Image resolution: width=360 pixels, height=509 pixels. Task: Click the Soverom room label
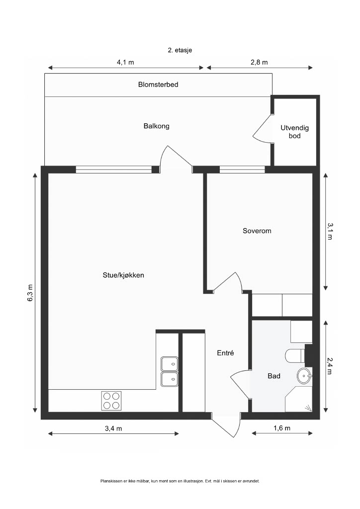point(257,231)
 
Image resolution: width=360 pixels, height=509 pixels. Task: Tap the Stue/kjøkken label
point(123,275)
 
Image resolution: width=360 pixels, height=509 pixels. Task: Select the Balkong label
point(157,126)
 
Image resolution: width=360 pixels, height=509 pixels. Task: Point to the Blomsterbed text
point(158,85)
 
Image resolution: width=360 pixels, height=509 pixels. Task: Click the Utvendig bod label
point(295,132)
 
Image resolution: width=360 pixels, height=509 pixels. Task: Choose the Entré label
point(225,353)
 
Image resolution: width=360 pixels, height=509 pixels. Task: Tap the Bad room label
point(274,376)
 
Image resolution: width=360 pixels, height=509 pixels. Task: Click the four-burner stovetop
point(112,401)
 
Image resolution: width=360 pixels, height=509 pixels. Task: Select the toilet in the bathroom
point(295,356)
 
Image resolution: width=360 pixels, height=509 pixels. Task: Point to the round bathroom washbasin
point(304,376)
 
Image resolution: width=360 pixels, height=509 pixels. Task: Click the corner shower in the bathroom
point(299,399)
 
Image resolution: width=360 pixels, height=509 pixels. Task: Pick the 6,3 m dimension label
point(30,293)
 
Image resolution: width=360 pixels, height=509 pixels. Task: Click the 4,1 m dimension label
point(125,62)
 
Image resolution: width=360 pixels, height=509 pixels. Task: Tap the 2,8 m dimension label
point(259,62)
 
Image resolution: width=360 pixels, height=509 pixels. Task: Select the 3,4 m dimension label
point(113,428)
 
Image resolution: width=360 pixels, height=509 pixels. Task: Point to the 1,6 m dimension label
point(282,428)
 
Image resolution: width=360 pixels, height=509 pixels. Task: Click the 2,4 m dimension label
point(330,366)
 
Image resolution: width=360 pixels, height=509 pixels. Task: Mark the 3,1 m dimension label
point(330,231)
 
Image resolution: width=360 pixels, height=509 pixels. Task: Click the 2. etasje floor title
point(180,50)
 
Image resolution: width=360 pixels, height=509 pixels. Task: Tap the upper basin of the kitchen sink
point(170,363)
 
